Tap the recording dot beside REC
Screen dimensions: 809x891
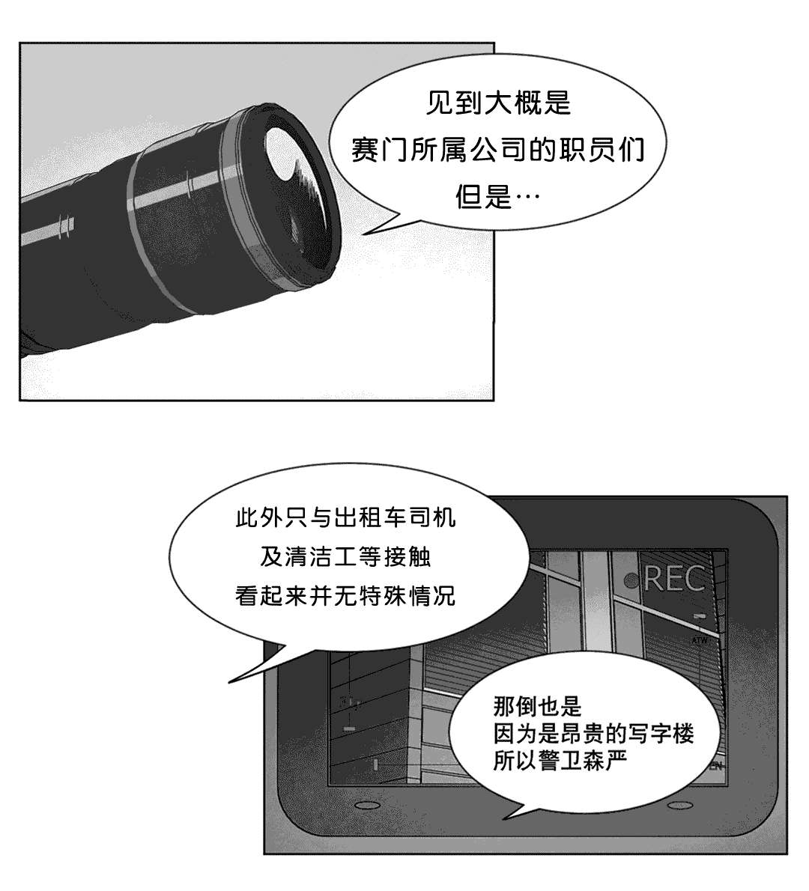click(631, 580)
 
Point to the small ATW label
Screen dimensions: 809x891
click(699, 640)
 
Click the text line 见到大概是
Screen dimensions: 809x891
click(498, 103)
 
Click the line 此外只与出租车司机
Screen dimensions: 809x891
click(345, 517)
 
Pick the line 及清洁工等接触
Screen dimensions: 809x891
click(345, 556)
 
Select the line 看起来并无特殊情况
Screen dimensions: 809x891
click(345, 595)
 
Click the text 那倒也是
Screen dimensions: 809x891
click(538, 706)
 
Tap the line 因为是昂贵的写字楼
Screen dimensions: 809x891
click(593, 734)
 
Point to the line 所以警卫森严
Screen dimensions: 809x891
click(560, 761)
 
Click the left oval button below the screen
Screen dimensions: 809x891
click(363, 805)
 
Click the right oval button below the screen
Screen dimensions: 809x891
click(677, 805)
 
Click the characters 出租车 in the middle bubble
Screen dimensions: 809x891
click(370, 517)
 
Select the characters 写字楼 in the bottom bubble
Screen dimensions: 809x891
click(661, 734)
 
